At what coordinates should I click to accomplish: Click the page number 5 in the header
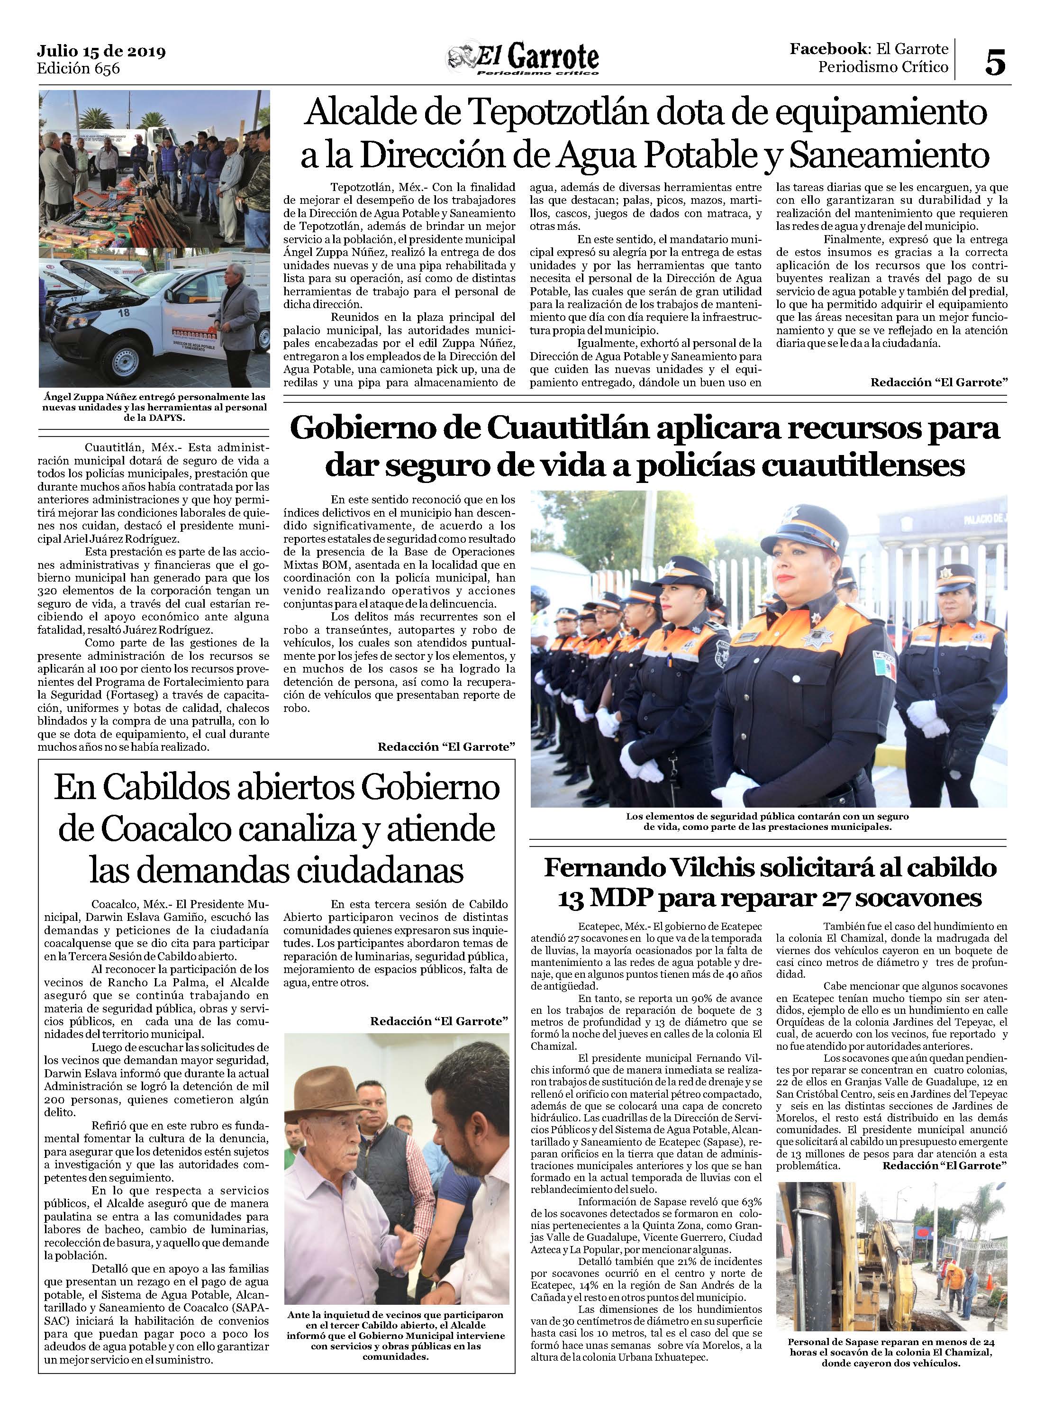click(x=995, y=63)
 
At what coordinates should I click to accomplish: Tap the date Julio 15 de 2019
click(x=101, y=51)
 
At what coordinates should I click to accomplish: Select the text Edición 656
click(x=78, y=68)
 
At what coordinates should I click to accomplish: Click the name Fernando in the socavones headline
click(x=608, y=868)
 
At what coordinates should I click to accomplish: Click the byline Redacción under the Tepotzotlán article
click(x=938, y=382)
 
